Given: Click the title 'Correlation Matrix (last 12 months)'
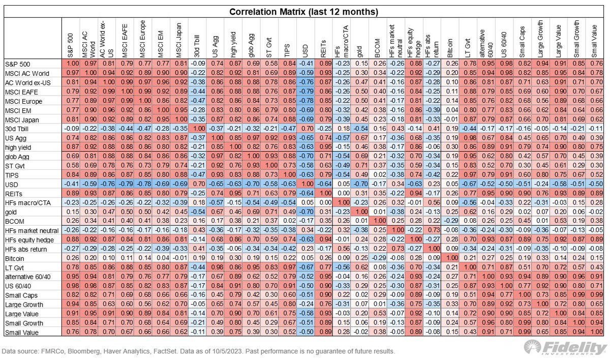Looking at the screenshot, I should click(304, 11).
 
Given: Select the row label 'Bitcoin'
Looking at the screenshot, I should click(16, 259).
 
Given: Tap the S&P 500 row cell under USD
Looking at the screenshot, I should click(305, 64).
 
